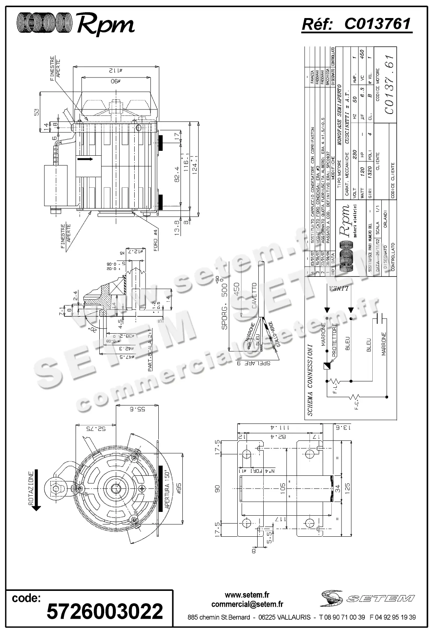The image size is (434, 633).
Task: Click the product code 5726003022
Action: coord(105,611)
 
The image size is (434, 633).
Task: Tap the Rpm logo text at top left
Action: coord(105,25)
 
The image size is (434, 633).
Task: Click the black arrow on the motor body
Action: coord(85,159)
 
